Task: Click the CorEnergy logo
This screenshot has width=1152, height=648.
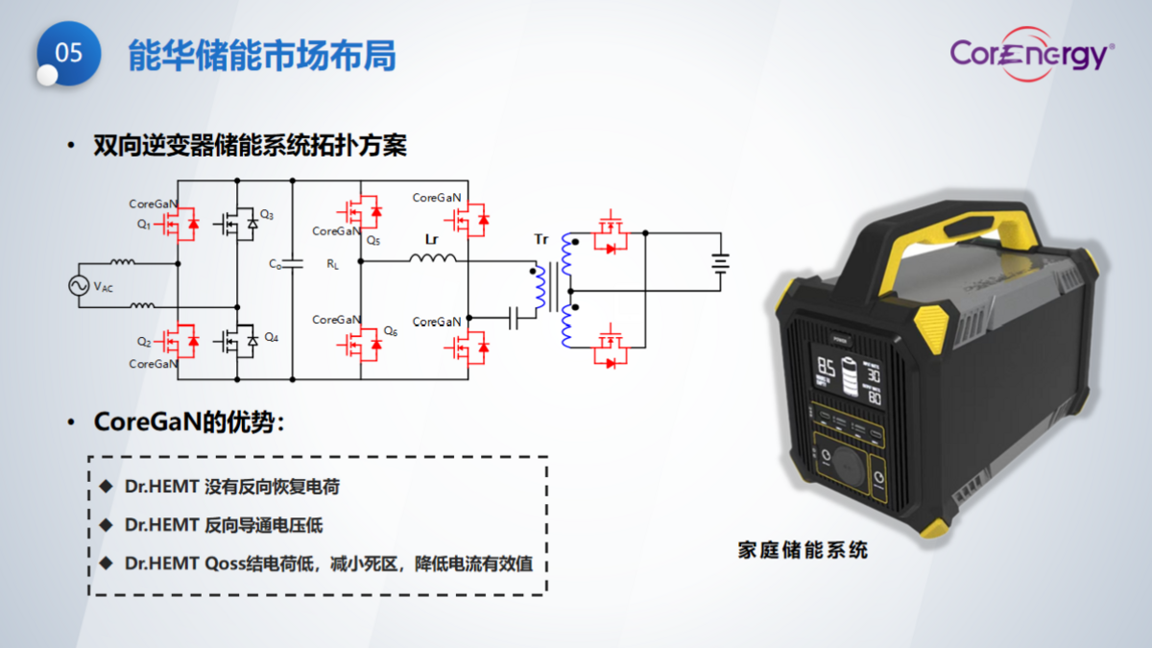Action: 1032,55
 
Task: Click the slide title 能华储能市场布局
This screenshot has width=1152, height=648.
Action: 262,56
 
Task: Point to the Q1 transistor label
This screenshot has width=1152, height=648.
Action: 144,224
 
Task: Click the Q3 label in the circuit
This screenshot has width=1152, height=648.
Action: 267,214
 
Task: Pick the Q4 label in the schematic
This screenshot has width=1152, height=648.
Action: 271,337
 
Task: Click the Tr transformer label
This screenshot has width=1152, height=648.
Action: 541,238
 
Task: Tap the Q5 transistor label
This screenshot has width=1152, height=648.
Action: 373,240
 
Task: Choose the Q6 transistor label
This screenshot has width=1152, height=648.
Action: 390,331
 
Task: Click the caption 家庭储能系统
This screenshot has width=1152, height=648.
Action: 803,550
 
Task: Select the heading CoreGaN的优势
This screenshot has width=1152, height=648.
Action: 188,422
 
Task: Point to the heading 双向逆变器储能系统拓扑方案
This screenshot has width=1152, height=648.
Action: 250,146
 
